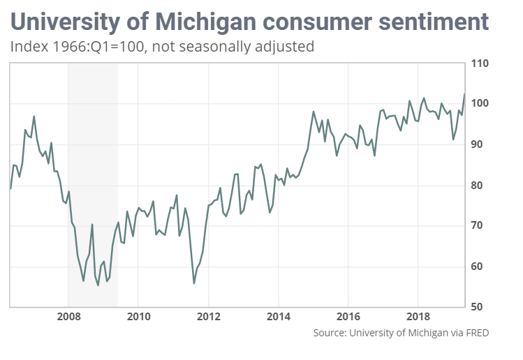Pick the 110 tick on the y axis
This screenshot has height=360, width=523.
pyautogui.click(x=480, y=63)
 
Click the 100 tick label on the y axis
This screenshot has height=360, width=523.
pyautogui.click(x=480, y=104)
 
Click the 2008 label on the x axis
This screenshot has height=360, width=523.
pyautogui.click(x=68, y=318)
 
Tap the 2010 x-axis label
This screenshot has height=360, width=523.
pyautogui.click(x=138, y=318)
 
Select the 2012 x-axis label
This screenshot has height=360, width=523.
pyautogui.click(x=208, y=318)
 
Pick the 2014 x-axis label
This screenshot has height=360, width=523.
pyautogui.click(x=278, y=318)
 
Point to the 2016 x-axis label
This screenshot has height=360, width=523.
pyautogui.click(x=348, y=318)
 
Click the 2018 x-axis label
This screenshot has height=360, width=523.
pyautogui.click(x=418, y=318)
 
